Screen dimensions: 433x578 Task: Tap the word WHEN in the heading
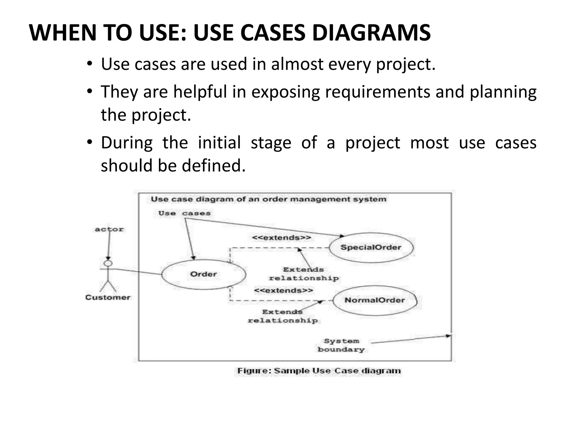click(64, 33)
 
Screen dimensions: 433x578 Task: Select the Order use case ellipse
click(203, 274)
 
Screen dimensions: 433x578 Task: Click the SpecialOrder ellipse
click(371, 248)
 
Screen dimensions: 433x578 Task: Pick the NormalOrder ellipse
click(375, 300)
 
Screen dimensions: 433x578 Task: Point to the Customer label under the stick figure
click(108, 297)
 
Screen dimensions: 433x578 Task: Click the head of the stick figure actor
click(108, 263)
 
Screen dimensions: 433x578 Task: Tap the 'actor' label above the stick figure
click(109, 229)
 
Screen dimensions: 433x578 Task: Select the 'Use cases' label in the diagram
click(184, 213)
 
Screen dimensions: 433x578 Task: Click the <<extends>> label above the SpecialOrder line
click(281, 238)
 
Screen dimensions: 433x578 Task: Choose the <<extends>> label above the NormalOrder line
click(283, 290)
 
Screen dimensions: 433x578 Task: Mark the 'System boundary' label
click(341, 345)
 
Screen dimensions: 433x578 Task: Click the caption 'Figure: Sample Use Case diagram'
click(319, 371)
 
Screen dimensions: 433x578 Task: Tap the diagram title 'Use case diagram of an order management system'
click(268, 199)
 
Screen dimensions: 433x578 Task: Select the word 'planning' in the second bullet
click(503, 92)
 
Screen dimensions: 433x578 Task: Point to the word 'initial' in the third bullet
click(219, 143)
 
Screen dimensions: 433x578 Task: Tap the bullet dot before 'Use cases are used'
click(89, 64)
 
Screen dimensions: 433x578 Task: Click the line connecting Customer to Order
click(138, 272)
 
